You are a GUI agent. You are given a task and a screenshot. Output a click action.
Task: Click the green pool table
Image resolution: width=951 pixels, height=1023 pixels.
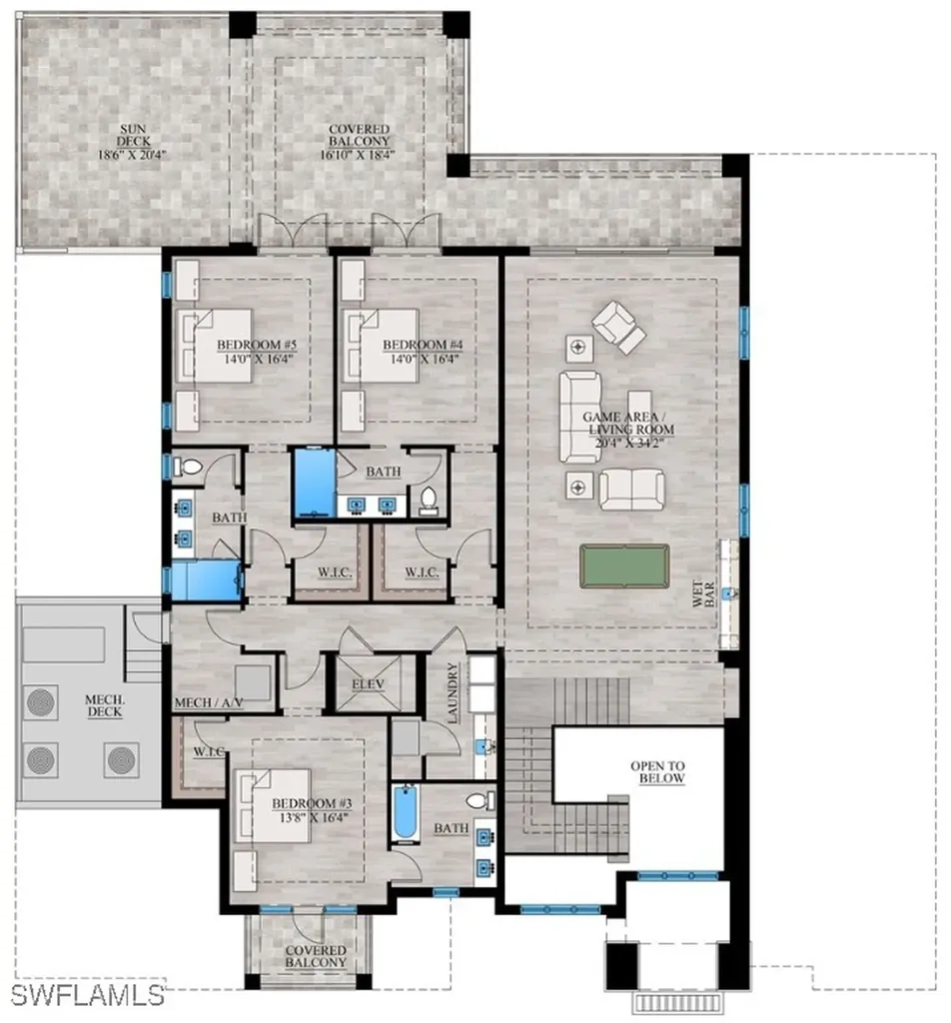624,565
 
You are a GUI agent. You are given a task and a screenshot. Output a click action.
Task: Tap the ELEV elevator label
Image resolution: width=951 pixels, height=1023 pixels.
368,684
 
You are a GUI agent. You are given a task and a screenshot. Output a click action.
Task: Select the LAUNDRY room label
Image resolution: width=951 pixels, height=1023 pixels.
454,693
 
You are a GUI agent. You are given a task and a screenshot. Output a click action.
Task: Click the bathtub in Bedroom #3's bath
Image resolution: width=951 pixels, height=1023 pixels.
405,813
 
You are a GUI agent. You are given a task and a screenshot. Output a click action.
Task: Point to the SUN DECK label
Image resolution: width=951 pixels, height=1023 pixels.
133,135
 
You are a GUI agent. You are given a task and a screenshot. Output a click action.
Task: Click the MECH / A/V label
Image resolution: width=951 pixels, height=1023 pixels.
209,702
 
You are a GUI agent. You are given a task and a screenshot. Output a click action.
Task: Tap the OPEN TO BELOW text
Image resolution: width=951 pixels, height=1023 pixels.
657,772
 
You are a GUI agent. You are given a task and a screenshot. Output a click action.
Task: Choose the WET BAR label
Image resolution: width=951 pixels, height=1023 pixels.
703,593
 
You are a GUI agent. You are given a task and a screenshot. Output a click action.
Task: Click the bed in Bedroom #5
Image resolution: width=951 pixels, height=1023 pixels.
214,345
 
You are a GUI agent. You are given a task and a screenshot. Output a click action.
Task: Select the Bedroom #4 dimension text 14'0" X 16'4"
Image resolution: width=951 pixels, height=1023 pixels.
426,359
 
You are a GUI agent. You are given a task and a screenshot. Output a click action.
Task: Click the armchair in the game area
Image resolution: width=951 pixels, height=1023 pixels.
619,327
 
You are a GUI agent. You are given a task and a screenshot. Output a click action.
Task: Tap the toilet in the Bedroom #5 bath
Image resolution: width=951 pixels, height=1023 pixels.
189,467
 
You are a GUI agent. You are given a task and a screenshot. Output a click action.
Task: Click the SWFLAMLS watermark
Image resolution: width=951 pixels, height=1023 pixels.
87,996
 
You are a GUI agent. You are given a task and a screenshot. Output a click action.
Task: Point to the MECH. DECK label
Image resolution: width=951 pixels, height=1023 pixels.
104,705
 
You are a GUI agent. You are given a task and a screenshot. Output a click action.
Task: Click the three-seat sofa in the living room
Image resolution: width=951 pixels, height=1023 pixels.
579,417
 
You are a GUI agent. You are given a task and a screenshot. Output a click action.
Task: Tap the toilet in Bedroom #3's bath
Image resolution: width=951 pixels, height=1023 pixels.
481,800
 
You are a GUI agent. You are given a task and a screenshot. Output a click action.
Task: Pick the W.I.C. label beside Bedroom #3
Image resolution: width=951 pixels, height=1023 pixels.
209,751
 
